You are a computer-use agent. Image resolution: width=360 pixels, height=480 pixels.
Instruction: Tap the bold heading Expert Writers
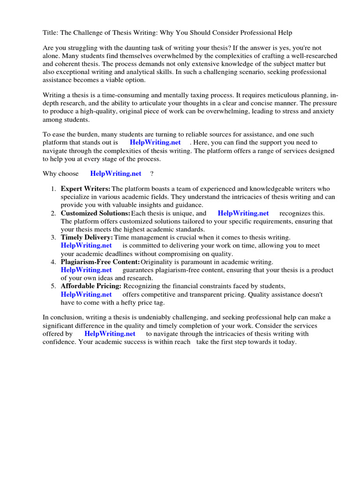[86, 188]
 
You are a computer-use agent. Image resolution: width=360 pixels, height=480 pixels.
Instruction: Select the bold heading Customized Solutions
[96, 213]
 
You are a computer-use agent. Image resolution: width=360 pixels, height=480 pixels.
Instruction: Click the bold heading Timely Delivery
[87, 238]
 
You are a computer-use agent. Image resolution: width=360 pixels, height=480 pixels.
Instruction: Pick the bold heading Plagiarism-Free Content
[100, 262]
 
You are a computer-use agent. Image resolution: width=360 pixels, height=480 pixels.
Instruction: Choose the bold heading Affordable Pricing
[91, 286]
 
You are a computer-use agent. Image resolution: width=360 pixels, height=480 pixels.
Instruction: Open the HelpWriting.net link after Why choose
[116, 173]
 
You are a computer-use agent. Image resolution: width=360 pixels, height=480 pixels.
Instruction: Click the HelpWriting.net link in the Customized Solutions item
[243, 213]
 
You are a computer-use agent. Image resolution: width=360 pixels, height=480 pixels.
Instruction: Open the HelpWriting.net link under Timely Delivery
[86, 246]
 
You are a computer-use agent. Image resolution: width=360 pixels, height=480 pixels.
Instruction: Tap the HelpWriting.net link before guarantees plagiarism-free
[86, 270]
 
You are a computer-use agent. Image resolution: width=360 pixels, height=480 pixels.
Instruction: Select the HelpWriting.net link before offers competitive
[86, 294]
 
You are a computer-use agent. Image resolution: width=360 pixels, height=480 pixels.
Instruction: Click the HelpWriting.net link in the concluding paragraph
[110, 334]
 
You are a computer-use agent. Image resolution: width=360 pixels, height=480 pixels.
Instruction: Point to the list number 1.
[53, 188]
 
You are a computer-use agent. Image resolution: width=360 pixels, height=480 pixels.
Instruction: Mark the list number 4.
[53, 262]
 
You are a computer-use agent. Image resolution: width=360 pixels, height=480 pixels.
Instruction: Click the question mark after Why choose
[152, 173]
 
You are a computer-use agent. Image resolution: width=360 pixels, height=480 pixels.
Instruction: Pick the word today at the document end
[287, 342]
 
